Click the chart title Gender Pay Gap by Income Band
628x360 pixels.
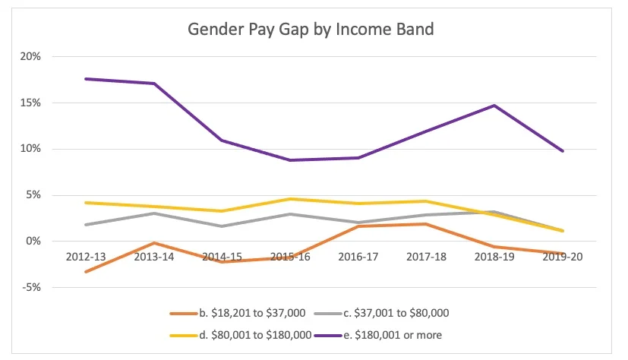coord(311,31)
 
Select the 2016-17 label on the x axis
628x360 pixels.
coord(358,257)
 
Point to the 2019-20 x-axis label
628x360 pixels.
coord(563,257)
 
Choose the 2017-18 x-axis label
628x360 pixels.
coord(427,257)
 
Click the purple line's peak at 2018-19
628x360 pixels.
coord(494,106)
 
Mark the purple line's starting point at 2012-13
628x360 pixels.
coord(86,79)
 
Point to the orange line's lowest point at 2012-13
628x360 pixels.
coord(86,272)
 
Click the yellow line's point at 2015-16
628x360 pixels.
coord(290,199)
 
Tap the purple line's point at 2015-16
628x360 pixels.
coord(290,160)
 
